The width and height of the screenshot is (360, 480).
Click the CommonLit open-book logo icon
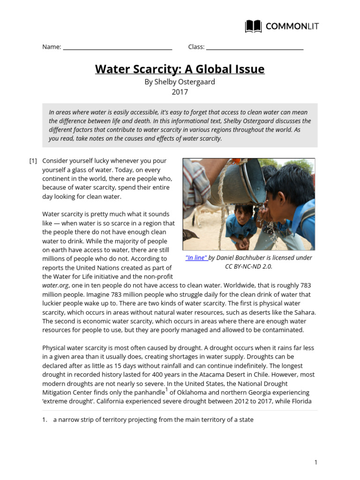[254, 26]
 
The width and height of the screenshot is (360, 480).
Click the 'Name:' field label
[52, 47]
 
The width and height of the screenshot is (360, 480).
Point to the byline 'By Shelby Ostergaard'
[180, 82]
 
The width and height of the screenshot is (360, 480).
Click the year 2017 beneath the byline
[180, 92]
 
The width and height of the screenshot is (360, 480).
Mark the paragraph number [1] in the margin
[33, 161]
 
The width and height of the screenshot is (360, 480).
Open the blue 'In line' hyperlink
[196, 258]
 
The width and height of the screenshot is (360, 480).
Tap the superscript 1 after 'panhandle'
[166, 389]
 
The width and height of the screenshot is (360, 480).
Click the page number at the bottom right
[316, 463]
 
